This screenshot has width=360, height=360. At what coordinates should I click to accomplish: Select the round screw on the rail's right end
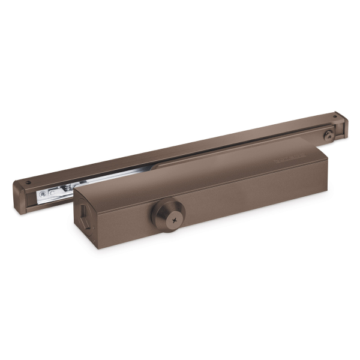328,136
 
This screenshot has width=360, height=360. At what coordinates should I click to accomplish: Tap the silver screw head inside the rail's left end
43,194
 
